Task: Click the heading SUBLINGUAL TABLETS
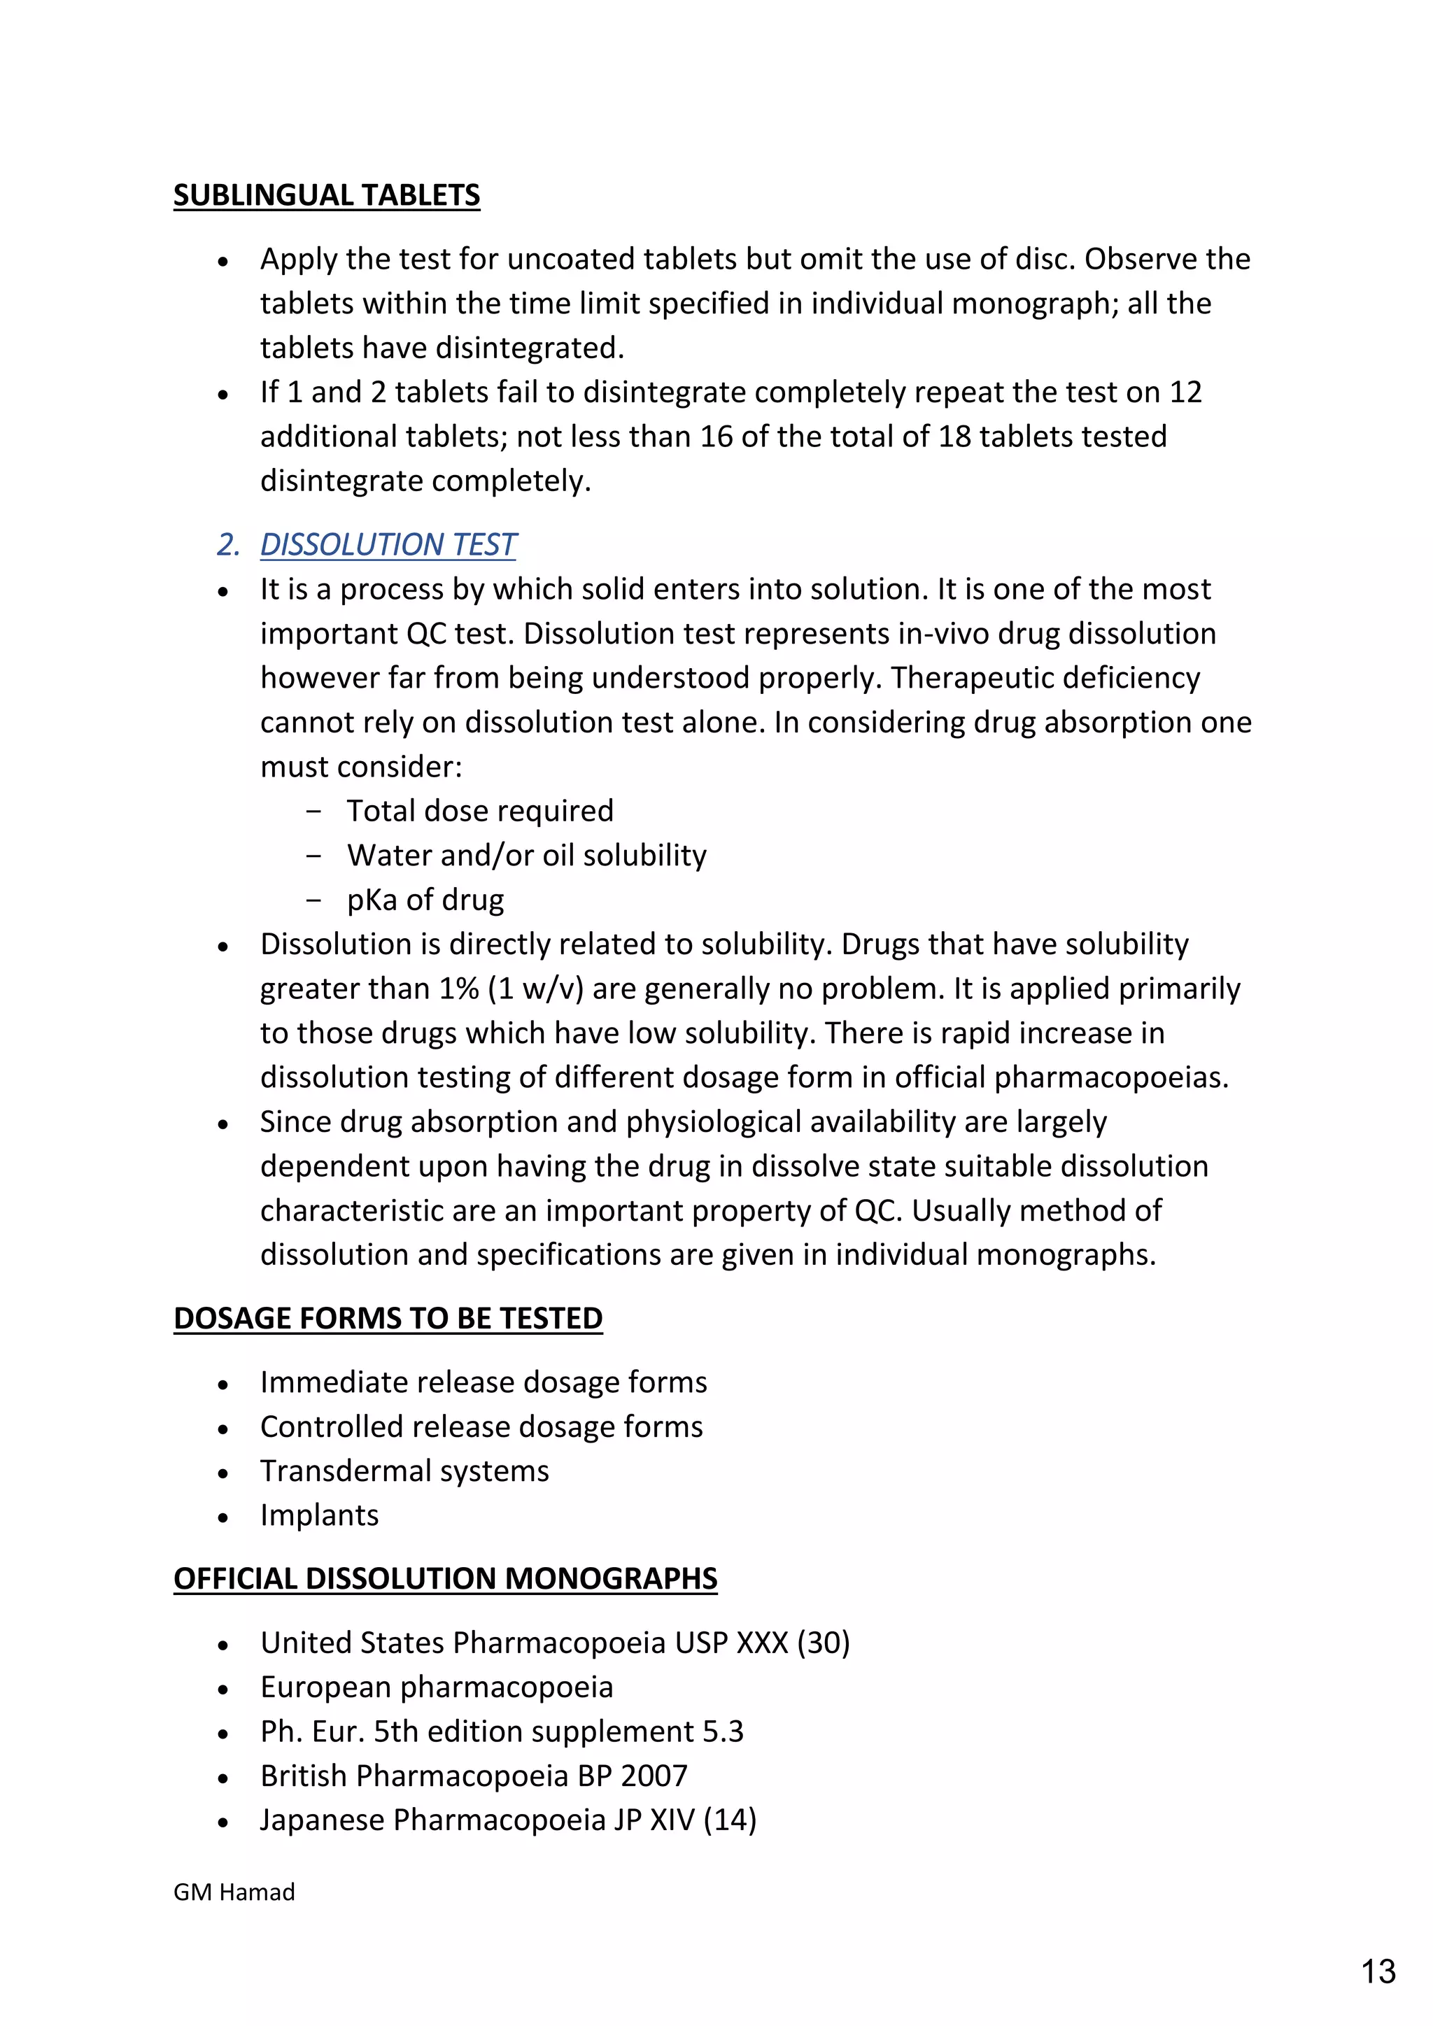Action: point(327,195)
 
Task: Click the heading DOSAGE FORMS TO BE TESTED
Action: point(388,1318)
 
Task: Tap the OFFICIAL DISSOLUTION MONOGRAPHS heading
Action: point(445,1579)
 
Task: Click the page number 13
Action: point(1378,1971)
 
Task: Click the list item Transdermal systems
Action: point(404,1471)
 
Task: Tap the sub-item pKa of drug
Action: point(425,900)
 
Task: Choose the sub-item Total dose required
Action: point(479,811)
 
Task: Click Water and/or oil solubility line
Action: point(526,855)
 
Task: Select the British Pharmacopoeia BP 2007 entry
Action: point(473,1776)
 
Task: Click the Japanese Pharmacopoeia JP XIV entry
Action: point(507,1820)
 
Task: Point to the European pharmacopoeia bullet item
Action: point(436,1687)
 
